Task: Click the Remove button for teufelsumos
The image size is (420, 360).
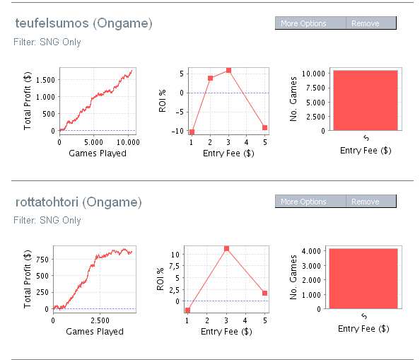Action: tap(371, 23)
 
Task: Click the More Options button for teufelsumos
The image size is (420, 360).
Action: tap(310, 23)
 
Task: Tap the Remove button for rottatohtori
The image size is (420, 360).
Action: tap(371, 202)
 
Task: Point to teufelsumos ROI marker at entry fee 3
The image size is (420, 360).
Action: tap(228, 71)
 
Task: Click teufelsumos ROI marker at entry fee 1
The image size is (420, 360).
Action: tap(192, 132)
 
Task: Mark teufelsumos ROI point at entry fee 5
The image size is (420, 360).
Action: tap(265, 127)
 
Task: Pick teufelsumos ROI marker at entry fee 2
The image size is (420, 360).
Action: tap(210, 79)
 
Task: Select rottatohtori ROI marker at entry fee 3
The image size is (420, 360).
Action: tap(226, 249)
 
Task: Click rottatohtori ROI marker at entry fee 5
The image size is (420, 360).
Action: tap(265, 293)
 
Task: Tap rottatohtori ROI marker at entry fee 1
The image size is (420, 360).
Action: tap(187, 310)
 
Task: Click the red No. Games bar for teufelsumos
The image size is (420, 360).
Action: tap(366, 100)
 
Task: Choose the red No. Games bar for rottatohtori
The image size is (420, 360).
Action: tap(363, 279)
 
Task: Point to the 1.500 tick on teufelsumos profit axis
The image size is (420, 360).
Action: tap(45, 80)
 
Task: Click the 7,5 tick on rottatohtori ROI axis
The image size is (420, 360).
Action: tap(174, 266)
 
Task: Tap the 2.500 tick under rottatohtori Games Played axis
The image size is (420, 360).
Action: tap(100, 320)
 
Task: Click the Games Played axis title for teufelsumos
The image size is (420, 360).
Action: tap(98, 153)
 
